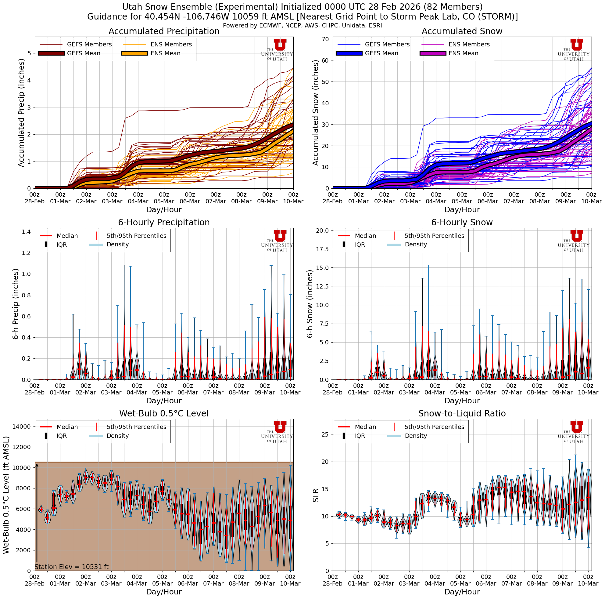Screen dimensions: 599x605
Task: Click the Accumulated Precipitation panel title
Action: click(x=164, y=31)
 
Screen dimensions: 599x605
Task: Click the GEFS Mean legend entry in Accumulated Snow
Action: click(x=381, y=53)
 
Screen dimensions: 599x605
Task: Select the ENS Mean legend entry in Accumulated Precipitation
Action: click(x=165, y=53)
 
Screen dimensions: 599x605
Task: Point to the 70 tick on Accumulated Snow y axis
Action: click(x=325, y=39)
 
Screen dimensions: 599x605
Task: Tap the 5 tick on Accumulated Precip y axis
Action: click(x=30, y=53)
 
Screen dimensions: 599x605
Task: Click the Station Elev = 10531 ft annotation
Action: click(x=72, y=567)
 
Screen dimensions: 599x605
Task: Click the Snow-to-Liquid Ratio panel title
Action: click(x=462, y=413)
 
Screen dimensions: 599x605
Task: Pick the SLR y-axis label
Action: click(x=316, y=495)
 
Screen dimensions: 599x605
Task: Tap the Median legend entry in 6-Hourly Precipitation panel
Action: click(x=67, y=236)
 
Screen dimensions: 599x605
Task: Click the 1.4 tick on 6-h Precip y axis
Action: click(x=27, y=232)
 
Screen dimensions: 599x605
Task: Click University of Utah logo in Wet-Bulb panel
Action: click(x=277, y=432)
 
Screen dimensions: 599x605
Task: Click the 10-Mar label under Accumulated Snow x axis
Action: click(x=591, y=201)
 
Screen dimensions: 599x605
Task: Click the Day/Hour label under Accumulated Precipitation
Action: click(x=164, y=209)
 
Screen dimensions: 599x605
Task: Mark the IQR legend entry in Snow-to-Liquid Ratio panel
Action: click(x=360, y=436)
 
